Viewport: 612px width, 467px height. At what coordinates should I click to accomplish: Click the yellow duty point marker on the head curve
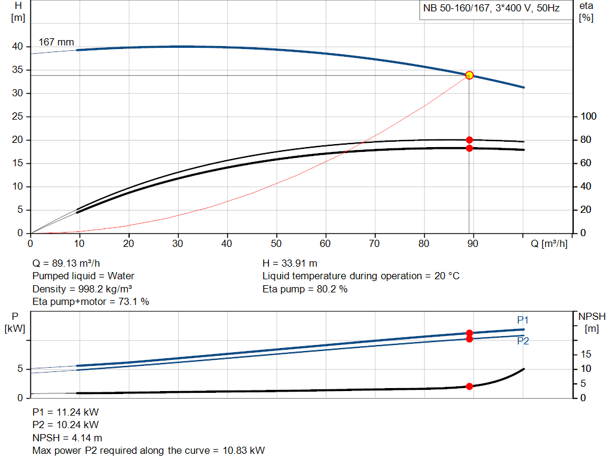pyautogui.click(x=469, y=75)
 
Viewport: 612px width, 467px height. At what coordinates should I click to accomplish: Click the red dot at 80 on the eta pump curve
pyautogui.click(x=469, y=140)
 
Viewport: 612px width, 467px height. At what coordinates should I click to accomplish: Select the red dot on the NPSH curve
pyautogui.click(x=469, y=386)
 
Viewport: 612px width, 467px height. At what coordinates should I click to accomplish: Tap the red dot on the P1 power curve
pyautogui.click(x=469, y=333)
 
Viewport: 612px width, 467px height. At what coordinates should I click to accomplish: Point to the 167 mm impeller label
pyautogui.click(x=56, y=42)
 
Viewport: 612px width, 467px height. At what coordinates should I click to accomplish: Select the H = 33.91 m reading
pyautogui.click(x=290, y=263)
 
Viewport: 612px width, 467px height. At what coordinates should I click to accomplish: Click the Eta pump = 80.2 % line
pyautogui.click(x=305, y=289)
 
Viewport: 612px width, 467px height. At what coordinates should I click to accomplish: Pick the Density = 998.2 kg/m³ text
pyautogui.click(x=82, y=289)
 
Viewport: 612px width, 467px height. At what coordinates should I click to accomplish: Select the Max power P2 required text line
pyautogui.click(x=148, y=450)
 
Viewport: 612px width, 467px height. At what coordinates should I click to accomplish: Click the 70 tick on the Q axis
pyautogui.click(x=375, y=244)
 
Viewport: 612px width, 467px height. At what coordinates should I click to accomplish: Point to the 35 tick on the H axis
pyautogui.click(x=17, y=70)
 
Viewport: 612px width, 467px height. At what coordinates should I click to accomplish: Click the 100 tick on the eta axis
pyautogui.click(x=588, y=116)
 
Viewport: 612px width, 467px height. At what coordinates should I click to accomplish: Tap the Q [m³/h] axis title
pyautogui.click(x=547, y=244)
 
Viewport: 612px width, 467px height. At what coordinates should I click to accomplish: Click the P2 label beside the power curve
pyautogui.click(x=523, y=341)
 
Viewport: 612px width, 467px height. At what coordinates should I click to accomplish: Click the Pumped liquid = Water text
pyautogui.click(x=83, y=276)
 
